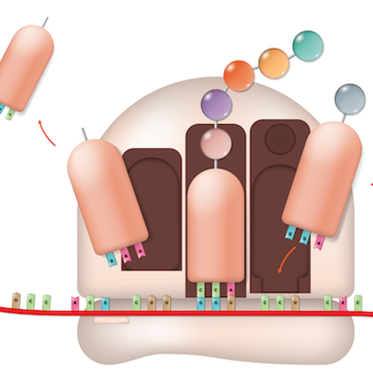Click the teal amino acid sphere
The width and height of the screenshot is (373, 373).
pos(308,46)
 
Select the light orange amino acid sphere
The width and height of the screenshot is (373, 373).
pos(274,63)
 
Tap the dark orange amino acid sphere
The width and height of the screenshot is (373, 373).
pos(239,76)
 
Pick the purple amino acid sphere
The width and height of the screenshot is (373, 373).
pos(216,105)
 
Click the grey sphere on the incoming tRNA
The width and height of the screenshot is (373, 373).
pos(350,99)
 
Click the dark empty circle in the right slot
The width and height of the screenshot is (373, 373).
pos(280,139)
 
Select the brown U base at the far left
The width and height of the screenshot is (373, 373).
pos(16,300)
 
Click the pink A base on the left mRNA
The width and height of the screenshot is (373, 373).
pos(75,303)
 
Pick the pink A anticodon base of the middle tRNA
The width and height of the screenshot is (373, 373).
pos(231,288)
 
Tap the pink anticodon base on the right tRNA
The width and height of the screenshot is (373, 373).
pos(319,242)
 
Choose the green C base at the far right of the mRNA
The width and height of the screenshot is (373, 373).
pos(358,303)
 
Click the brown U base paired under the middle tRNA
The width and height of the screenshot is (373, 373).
pos(231,303)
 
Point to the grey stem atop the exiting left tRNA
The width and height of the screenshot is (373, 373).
pos(84,134)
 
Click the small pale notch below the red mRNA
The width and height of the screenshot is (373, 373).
pos(111,320)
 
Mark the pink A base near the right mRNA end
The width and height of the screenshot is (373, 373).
pos(343,303)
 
